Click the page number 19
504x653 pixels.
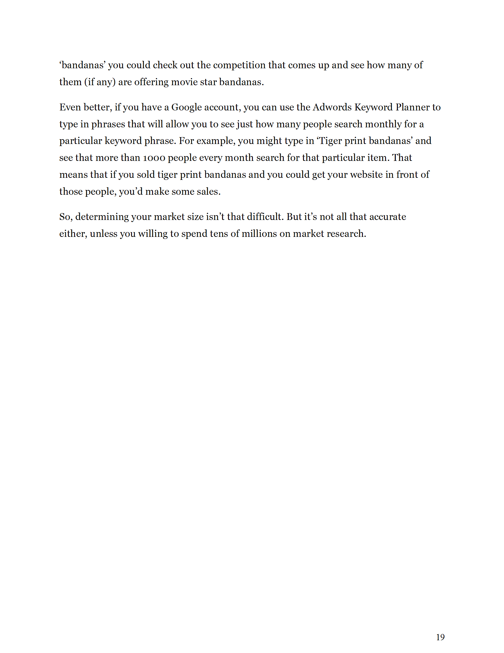440,637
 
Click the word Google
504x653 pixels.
186,107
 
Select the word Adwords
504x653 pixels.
332,107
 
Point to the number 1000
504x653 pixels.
154,158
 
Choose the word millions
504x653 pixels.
259,234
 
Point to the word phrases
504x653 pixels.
108,124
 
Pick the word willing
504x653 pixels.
153,234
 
